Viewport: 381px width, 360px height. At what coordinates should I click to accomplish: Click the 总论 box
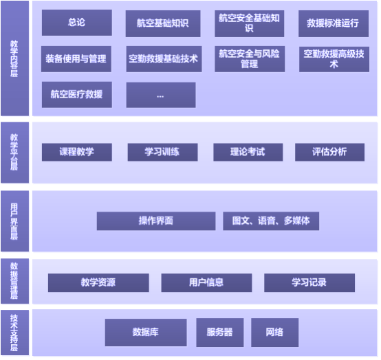tap(77, 23)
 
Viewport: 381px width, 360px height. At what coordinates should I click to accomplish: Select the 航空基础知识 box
tap(163, 23)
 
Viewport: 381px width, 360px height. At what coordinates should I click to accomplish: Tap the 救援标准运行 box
tap(334, 23)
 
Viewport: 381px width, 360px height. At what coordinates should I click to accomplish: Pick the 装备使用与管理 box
tap(76, 59)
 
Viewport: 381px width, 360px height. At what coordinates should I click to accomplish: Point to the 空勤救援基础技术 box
tap(164, 59)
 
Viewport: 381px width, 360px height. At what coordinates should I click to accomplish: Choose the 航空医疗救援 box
tap(77, 95)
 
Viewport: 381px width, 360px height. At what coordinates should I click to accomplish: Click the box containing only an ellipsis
tap(161, 95)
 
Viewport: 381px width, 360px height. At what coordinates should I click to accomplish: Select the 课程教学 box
tap(77, 153)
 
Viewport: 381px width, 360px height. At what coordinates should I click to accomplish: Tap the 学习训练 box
tap(162, 153)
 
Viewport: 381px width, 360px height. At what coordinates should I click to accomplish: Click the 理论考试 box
tap(248, 153)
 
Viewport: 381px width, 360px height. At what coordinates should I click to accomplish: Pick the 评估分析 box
tap(329, 153)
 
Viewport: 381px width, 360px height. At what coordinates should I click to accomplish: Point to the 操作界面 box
tap(156, 221)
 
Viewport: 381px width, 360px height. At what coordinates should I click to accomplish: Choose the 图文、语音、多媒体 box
tap(271, 221)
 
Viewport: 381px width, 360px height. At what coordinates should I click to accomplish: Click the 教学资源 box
tap(98, 283)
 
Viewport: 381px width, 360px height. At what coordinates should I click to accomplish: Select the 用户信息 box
tap(206, 283)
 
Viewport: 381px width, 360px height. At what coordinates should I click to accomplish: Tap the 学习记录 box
tap(309, 283)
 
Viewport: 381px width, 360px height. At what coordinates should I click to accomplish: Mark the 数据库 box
tap(146, 333)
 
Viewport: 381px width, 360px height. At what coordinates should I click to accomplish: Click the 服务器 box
tap(220, 333)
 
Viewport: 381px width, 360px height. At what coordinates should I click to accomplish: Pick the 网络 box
tap(275, 333)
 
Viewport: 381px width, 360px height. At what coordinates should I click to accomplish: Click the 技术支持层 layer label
tap(14, 333)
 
